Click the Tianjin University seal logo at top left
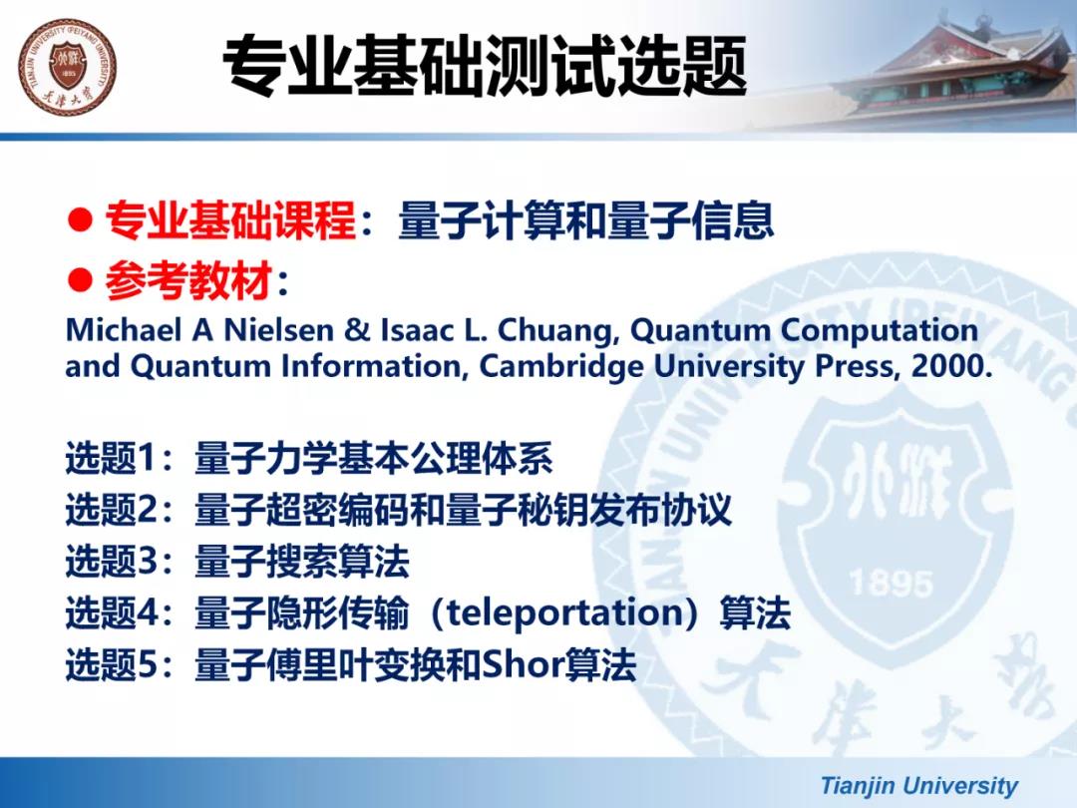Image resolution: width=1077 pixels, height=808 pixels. (x=68, y=68)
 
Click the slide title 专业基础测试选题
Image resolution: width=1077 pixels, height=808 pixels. (x=485, y=67)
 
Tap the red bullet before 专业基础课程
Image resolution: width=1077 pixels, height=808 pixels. (x=80, y=219)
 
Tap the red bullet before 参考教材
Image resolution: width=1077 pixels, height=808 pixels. (x=80, y=280)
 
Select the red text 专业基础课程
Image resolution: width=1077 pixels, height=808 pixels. (x=230, y=220)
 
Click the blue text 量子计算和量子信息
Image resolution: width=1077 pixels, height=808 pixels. (x=586, y=220)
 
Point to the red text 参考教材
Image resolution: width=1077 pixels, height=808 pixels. (x=188, y=281)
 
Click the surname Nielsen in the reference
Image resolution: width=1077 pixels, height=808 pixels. (x=279, y=330)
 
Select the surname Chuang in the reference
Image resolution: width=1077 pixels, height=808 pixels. (x=553, y=331)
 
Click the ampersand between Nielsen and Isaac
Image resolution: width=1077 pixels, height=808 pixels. (x=357, y=330)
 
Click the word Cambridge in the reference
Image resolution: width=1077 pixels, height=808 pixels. (x=561, y=367)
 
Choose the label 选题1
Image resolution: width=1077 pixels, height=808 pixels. (x=110, y=458)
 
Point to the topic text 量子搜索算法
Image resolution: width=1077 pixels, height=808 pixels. (x=302, y=562)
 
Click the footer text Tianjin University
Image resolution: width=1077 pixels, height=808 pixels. (x=919, y=785)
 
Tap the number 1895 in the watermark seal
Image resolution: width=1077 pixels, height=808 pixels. (x=891, y=584)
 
